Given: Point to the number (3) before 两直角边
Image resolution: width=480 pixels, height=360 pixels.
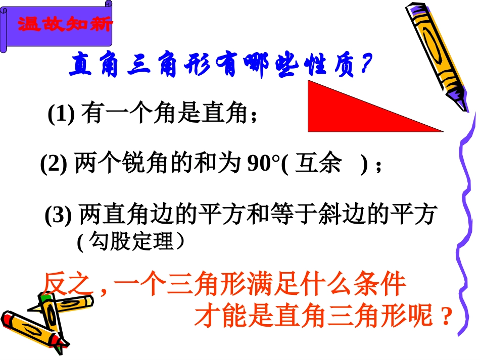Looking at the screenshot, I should point(59,216).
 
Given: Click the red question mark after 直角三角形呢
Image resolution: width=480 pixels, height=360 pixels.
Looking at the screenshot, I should point(445,317).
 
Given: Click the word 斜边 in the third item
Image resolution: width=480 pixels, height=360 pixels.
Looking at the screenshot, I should point(339,216).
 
